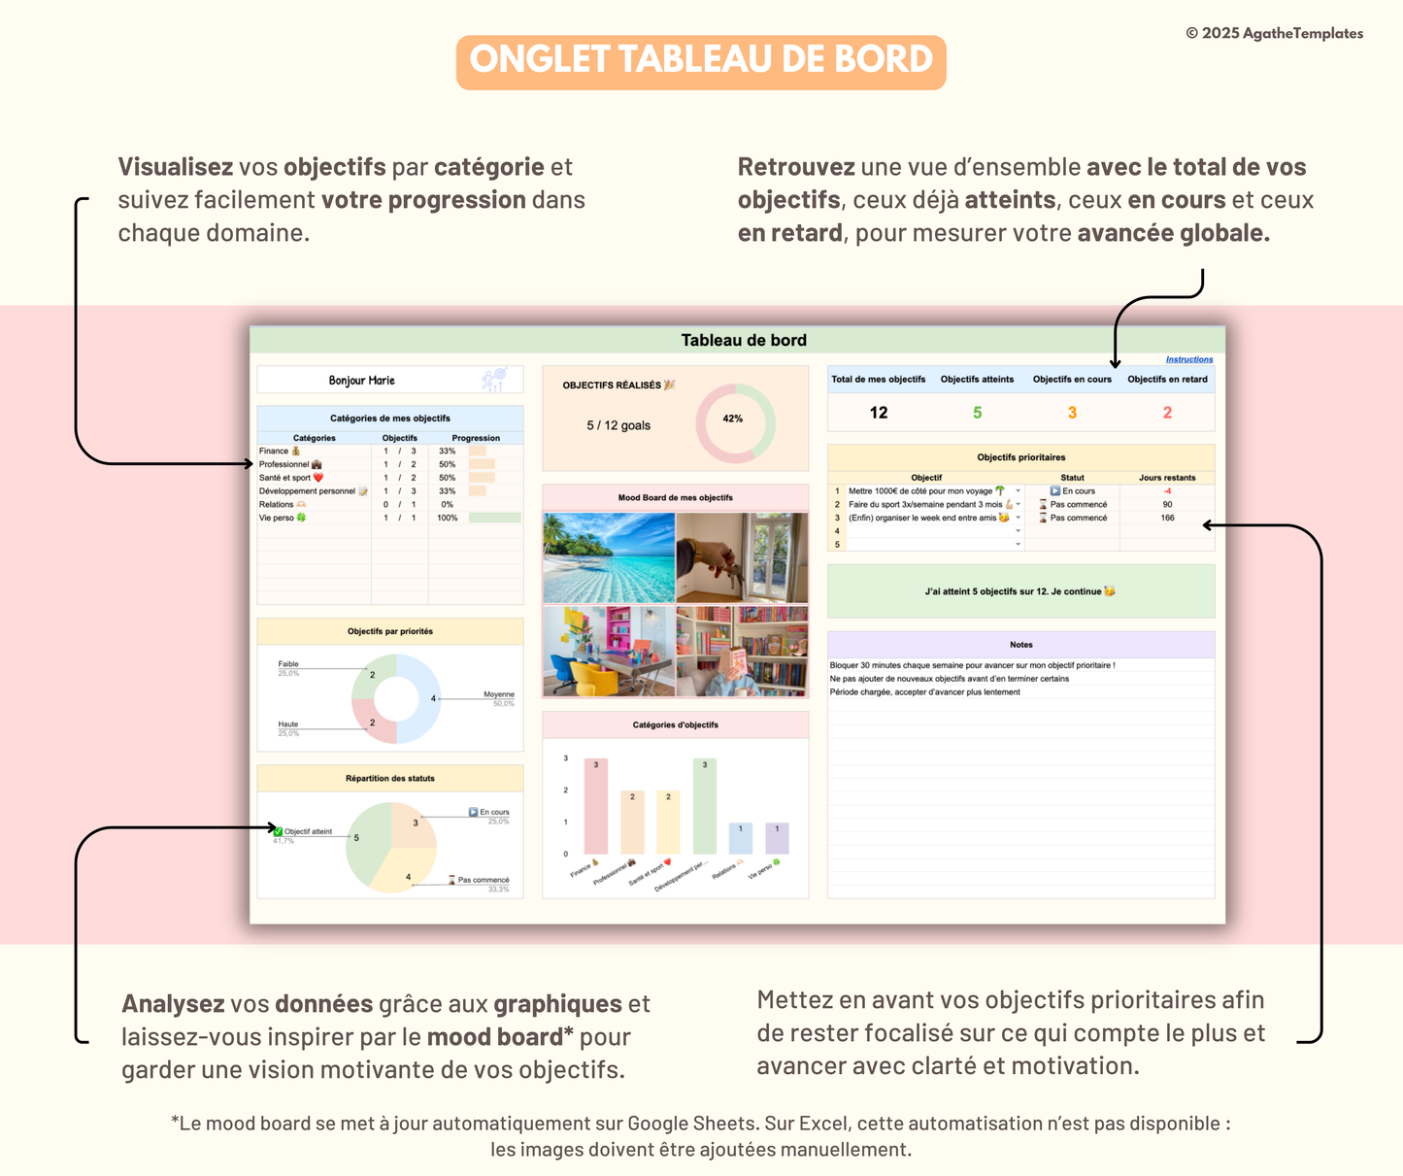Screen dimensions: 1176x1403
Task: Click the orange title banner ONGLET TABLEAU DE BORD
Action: point(701,60)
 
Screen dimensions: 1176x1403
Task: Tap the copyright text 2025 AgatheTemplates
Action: point(1274,33)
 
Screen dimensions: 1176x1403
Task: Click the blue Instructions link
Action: point(1188,359)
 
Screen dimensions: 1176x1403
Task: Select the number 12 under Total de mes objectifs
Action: point(878,413)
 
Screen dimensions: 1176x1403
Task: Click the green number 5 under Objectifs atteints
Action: point(977,413)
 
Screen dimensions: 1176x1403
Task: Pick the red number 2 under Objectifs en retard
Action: point(1167,413)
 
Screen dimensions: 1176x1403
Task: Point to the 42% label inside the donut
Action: point(733,419)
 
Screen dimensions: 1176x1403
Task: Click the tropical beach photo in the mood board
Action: point(609,557)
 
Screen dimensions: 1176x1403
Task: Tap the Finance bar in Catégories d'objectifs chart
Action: point(596,806)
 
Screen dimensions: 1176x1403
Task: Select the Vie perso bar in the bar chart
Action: point(777,838)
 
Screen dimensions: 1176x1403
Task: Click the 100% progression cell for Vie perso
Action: point(448,518)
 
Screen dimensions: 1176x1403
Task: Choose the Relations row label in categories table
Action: point(277,504)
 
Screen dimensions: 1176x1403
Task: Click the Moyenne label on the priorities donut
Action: point(498,694)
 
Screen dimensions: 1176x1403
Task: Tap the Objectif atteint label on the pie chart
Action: point(308,831)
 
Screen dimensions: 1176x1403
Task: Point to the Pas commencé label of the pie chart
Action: point(483,880)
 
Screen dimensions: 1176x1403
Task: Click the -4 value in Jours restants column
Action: point(1167,490)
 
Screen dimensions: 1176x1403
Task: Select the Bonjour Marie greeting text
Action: point(361,381)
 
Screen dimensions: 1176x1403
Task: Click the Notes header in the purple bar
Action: point(1020,645)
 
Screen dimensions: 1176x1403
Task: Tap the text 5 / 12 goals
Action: point(618,425)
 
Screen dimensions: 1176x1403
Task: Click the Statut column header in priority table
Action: point(1072,477)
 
